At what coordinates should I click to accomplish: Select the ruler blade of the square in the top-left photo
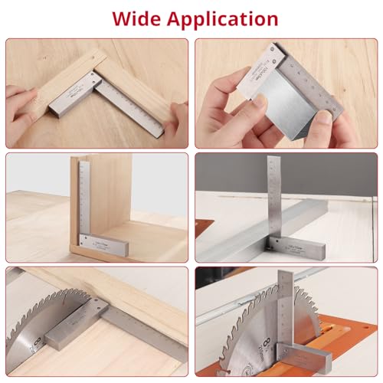[x=135, y=108]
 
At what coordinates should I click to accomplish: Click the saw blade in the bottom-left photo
[x=34, y=314]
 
